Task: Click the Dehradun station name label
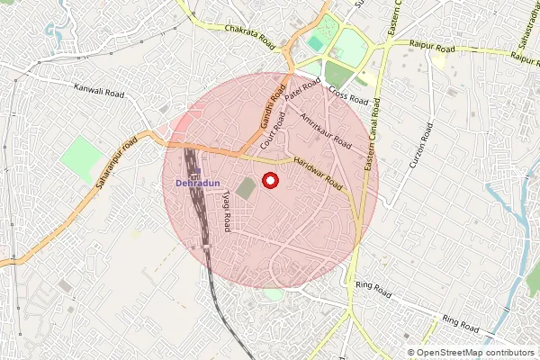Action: [196, 183]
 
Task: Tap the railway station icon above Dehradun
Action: [196, 171]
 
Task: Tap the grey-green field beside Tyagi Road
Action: [247, 191]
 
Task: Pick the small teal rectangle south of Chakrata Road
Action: [316, 42]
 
